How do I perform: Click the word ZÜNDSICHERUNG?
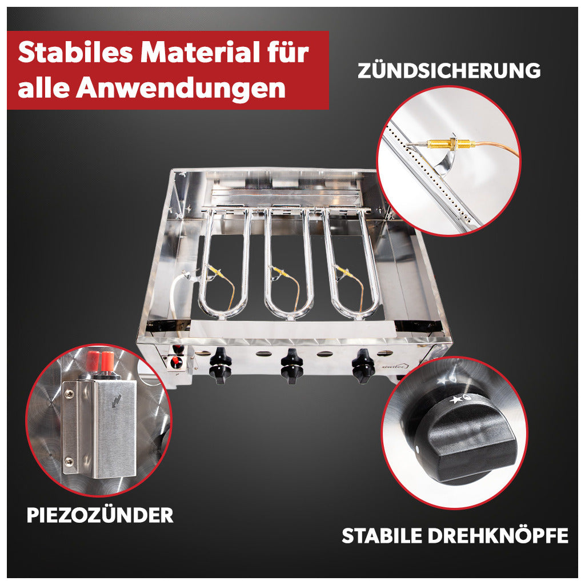click(449, 70)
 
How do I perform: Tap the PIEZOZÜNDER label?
click(100, 515)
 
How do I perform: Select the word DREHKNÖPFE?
click(498, 536)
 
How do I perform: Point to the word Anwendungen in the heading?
click(181, 88)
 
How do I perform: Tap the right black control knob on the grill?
click(363, 366)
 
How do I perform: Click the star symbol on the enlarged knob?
click(455, 400)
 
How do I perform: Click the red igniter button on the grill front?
click(174, 361)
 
